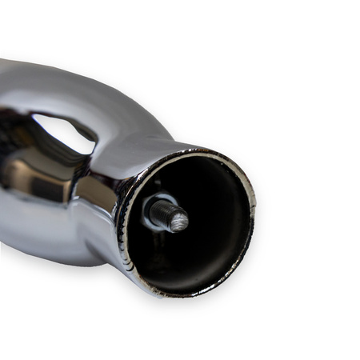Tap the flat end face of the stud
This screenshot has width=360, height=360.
coord(178,218)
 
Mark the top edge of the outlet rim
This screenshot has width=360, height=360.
coord(204,151)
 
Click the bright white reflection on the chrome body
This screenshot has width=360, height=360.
coord(60,132)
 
